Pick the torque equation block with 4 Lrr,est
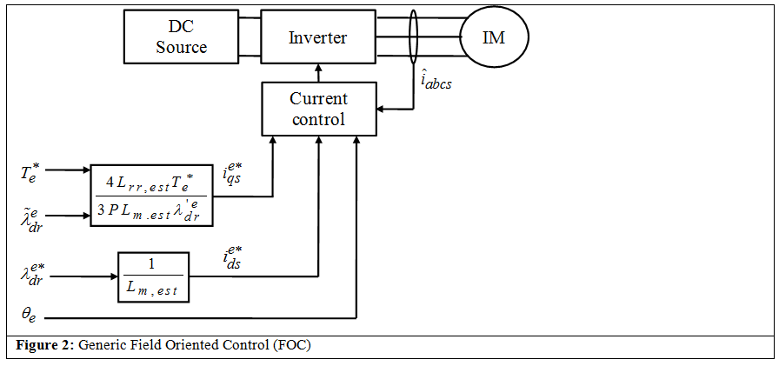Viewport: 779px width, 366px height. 151,196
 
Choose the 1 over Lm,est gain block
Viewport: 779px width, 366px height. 152,277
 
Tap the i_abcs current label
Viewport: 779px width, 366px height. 436,82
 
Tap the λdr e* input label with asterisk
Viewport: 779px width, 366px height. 33,276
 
